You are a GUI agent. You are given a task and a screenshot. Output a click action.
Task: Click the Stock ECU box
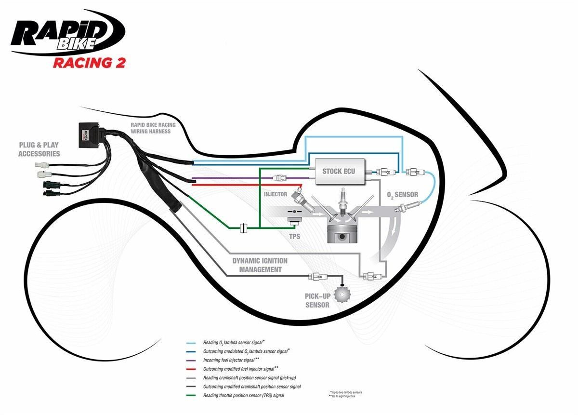[339, 171]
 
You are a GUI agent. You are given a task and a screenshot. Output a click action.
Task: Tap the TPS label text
[294, 237]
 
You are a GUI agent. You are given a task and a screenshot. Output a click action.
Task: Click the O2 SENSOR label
[403, 195]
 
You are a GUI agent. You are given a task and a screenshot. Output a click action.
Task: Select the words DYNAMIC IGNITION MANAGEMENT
[260, 265]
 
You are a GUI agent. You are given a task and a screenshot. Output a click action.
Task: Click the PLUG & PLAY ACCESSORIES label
[39, 149]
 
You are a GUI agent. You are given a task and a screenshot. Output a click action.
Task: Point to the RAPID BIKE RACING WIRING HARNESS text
[153, 128]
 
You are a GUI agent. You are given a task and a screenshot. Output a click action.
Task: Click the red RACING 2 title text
[89, 63]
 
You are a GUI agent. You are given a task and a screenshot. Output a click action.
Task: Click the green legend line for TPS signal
[193, 396]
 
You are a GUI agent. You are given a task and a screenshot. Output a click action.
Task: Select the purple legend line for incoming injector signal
[193, 360]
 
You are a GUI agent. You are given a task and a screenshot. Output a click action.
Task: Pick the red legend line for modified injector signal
[193, 369]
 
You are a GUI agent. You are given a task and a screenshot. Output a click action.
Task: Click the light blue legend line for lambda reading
[193, 343]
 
